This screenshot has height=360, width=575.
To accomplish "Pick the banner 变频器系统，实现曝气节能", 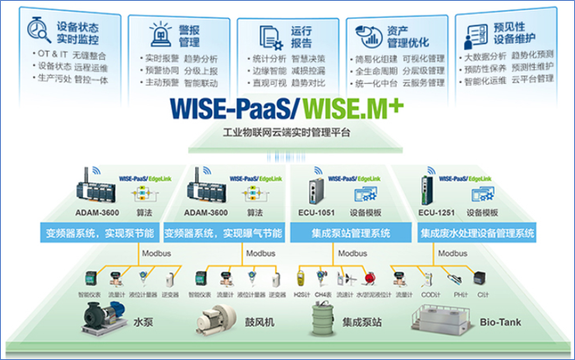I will (x=223, y=233).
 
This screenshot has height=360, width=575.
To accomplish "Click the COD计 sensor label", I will (x=427, y=294).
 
